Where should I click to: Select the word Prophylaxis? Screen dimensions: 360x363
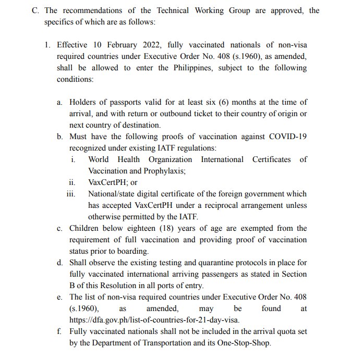162,171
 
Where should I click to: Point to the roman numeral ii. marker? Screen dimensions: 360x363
72,182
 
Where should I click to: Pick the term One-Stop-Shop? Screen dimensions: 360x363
243,343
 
